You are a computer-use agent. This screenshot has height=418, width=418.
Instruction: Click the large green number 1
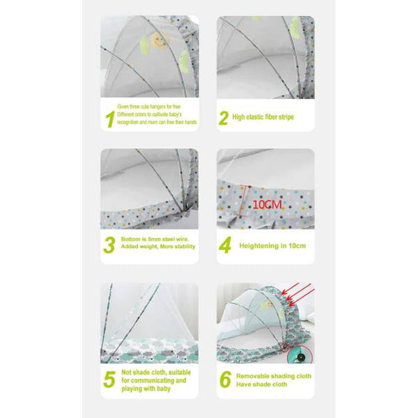pyautogui.click(x=109, y=119)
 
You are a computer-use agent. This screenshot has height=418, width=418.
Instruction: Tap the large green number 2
pyautogui.click(x=224, y=118)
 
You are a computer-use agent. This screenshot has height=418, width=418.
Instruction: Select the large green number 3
pyautogui.click(x=109, y=245)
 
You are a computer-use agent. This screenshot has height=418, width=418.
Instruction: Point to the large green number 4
pyautogui.click(x=224, y=246)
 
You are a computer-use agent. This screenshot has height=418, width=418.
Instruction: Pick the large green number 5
pyautogui.click(x=109, y=380)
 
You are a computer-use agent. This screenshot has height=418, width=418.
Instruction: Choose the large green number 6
pyautogui.click(x=224, y=380)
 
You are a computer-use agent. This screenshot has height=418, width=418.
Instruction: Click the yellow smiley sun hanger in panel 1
pyautogui.click(x=158, y=41)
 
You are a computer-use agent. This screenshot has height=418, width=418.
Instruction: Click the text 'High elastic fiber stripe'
pyautogui.click(x=263, y=117)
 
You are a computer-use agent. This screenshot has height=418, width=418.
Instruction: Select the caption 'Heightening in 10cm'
pyautogui.click(x=272, y=246)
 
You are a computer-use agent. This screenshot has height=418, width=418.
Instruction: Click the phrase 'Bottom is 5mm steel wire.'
pyautogui.click(x=155, y=238)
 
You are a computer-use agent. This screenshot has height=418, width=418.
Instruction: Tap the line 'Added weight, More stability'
pyautogui.click(x=157, y=247)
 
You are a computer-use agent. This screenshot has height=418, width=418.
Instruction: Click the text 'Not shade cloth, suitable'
pyautogui.click(x=155, y=373)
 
